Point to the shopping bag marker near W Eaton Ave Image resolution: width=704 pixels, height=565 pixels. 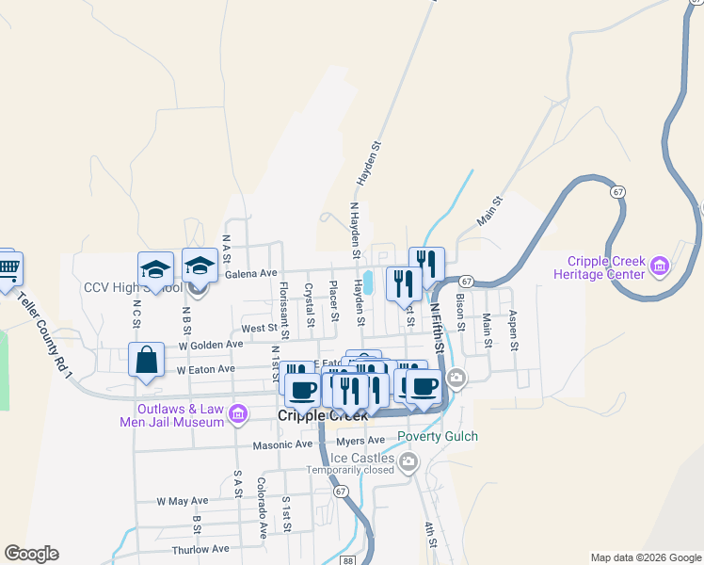(x=147, y=361)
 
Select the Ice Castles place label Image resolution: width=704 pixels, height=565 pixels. (x=356, y=458)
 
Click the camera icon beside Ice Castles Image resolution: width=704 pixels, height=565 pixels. (x=408, y=461)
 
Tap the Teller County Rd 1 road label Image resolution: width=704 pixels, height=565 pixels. (x=46, y=333)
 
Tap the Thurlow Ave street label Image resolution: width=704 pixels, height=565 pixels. (x=200, y=549)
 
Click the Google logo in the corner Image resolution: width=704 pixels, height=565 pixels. (x=31, y=554)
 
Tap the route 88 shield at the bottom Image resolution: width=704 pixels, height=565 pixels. (x=348, y=560)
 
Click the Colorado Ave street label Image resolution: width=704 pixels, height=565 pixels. (x=263, y=507)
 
